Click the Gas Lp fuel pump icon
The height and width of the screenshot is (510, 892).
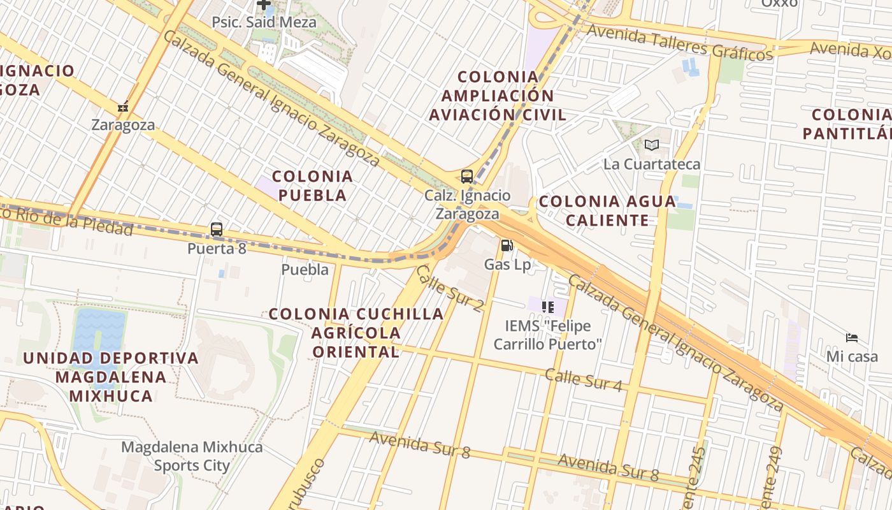click(x=507, y=245)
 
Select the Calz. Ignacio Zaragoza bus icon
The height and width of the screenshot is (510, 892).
click(x=467, y=177)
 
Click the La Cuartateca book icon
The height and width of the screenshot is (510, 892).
click(x=651, y=145)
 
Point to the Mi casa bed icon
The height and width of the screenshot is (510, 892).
click(x=852, y=337)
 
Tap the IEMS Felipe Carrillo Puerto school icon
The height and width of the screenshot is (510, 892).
click(x=547, y=307)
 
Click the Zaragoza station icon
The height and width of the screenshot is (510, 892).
click(x=123, y=106)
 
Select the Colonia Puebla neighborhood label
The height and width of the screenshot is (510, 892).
click(x=312, y=186)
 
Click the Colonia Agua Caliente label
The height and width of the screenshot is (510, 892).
click(x=607, y=211)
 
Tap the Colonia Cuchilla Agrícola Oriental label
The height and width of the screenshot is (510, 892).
click(x=356, y=332)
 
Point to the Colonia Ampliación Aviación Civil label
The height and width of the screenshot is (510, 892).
click(x=498, y=96)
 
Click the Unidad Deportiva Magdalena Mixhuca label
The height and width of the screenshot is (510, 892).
click(x=111, y=376)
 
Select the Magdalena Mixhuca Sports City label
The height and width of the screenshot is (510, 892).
click(x=192, y=456)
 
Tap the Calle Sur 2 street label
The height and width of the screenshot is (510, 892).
click(x=449, y=288)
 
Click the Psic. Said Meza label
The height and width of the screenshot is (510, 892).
click(x=264, y=22)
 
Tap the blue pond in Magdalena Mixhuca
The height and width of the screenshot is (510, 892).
click(x=98, y=338)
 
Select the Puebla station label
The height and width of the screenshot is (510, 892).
click(x=305, y=270)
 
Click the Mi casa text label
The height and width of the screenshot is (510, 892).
click(x=852, y=356)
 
